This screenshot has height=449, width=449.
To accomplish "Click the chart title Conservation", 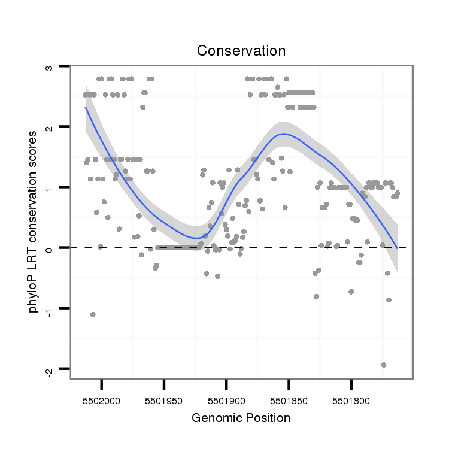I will [241, 51].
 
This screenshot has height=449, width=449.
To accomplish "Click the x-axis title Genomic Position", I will [241, 418].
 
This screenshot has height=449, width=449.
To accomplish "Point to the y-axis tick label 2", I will [50, 127].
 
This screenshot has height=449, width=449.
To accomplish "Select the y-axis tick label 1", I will [50, 187].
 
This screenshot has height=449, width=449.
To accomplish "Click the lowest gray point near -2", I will [384, 365].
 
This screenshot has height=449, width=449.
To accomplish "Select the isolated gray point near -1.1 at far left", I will [93, 314].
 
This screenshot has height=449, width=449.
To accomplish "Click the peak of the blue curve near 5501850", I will [284, 134].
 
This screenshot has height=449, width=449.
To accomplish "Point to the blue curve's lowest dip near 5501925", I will [196, 238].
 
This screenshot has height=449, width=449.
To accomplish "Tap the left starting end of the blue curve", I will [86, 108].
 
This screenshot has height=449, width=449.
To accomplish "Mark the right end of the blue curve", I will [396, 247].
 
